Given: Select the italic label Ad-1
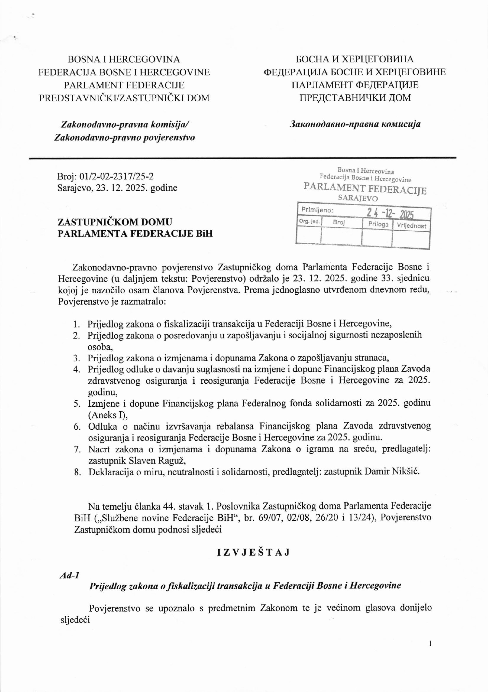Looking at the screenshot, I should point(69,575).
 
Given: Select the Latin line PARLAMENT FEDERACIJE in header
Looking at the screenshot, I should point(124,85).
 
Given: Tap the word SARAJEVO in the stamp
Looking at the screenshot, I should point(358,198).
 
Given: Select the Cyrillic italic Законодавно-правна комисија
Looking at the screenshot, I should point(355,124).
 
